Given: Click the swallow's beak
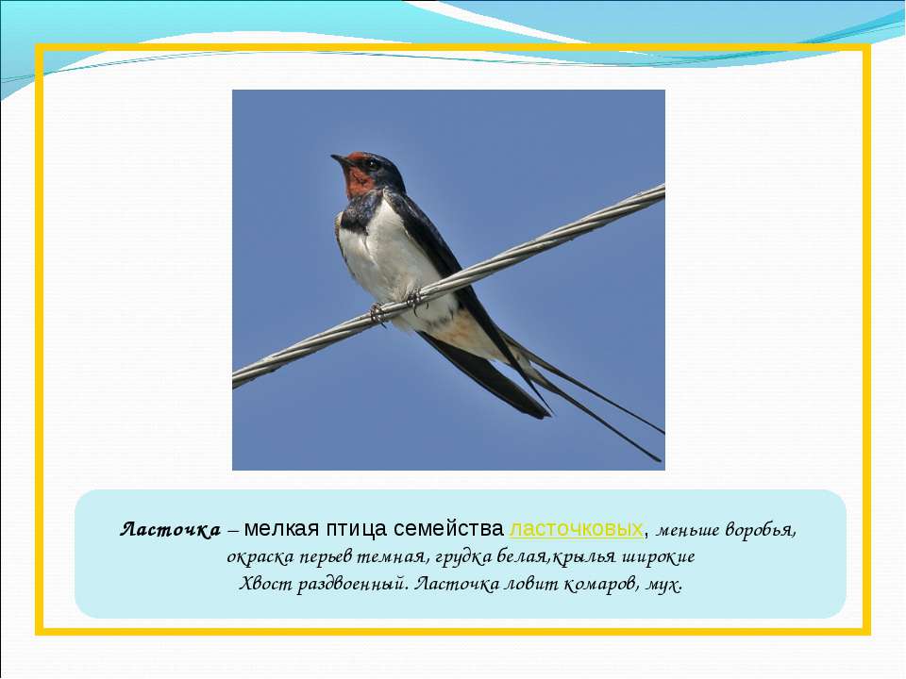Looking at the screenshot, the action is click(340, 158).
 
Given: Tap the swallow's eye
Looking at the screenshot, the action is click(371, 164).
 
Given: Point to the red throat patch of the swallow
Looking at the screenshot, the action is click(359, 180).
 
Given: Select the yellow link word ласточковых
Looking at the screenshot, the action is click(576, 528).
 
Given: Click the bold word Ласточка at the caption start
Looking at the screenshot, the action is click(171, 529).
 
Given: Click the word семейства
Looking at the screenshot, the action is click(448, 528).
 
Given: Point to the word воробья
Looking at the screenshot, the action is click(761, 530).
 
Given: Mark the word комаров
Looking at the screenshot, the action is click(601, 586).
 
